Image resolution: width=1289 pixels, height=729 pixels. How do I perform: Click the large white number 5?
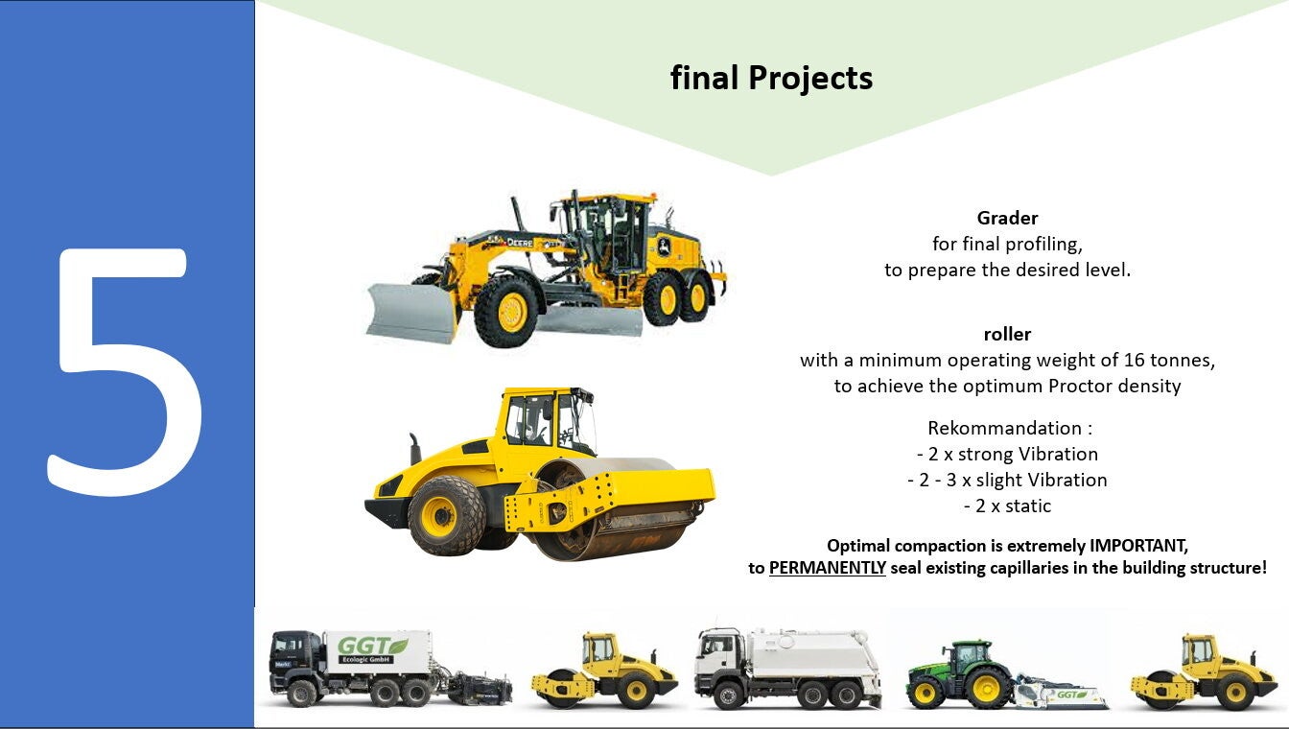(x=124, y=371)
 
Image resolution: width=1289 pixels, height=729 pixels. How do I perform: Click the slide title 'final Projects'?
(x=771, y=79)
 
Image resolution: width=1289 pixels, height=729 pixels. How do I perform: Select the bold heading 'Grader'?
(x=1007, y=218)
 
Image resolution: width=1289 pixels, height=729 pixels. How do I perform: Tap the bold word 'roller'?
(x=1007, y=335)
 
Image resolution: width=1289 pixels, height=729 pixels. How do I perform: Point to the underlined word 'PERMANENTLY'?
(x=827, y=568)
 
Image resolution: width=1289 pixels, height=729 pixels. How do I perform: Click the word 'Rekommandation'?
(x=1005, y=428)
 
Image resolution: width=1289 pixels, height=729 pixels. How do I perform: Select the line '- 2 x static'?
(x=1007, y=506)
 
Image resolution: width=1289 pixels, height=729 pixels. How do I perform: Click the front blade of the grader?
(x=411, y=312)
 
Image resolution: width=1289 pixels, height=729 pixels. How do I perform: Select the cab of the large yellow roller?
(x=544, y=419)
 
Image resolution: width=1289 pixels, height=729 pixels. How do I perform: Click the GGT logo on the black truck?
(x=372, y=646)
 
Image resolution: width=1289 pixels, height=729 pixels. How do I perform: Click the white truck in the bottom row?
(x=788, y=669)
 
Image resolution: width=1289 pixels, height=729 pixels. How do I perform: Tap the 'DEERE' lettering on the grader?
(x=520, y=243)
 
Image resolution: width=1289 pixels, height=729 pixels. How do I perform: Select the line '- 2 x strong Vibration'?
(x=1007, y=455)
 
